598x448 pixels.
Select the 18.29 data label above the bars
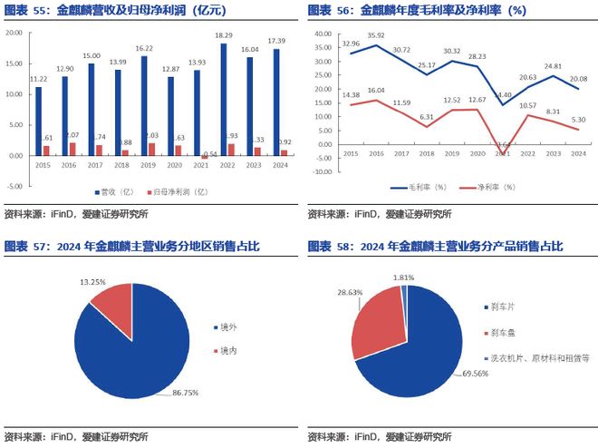pos(224,35)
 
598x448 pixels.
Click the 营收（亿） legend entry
pos(117,192)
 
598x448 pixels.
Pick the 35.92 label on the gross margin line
pos(377,35)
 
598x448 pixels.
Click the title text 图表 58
pos(330,247)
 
